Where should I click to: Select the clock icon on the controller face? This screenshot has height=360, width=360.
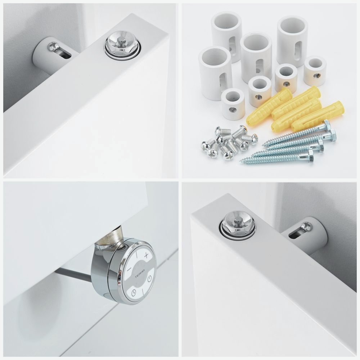pyautogui.click(x=134, y=293)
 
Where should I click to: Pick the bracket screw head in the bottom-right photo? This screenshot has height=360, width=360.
pyautogui.click(x=306, y=226)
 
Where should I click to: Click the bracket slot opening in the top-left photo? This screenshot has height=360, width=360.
pyautogui.click(x=64, y=55)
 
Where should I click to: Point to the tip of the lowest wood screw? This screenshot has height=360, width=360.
pyautogui.click(x=240, y=160)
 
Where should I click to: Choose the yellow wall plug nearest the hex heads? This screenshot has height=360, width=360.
pyautogui.click(x=318, y=115)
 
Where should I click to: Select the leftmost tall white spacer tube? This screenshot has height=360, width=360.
pyautogui.click(x=215, y=73)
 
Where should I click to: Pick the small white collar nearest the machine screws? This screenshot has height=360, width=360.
pyautogui.click(x=233, y=104)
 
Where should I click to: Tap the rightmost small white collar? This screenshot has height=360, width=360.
pyautogui.click(x=315, y=71)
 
